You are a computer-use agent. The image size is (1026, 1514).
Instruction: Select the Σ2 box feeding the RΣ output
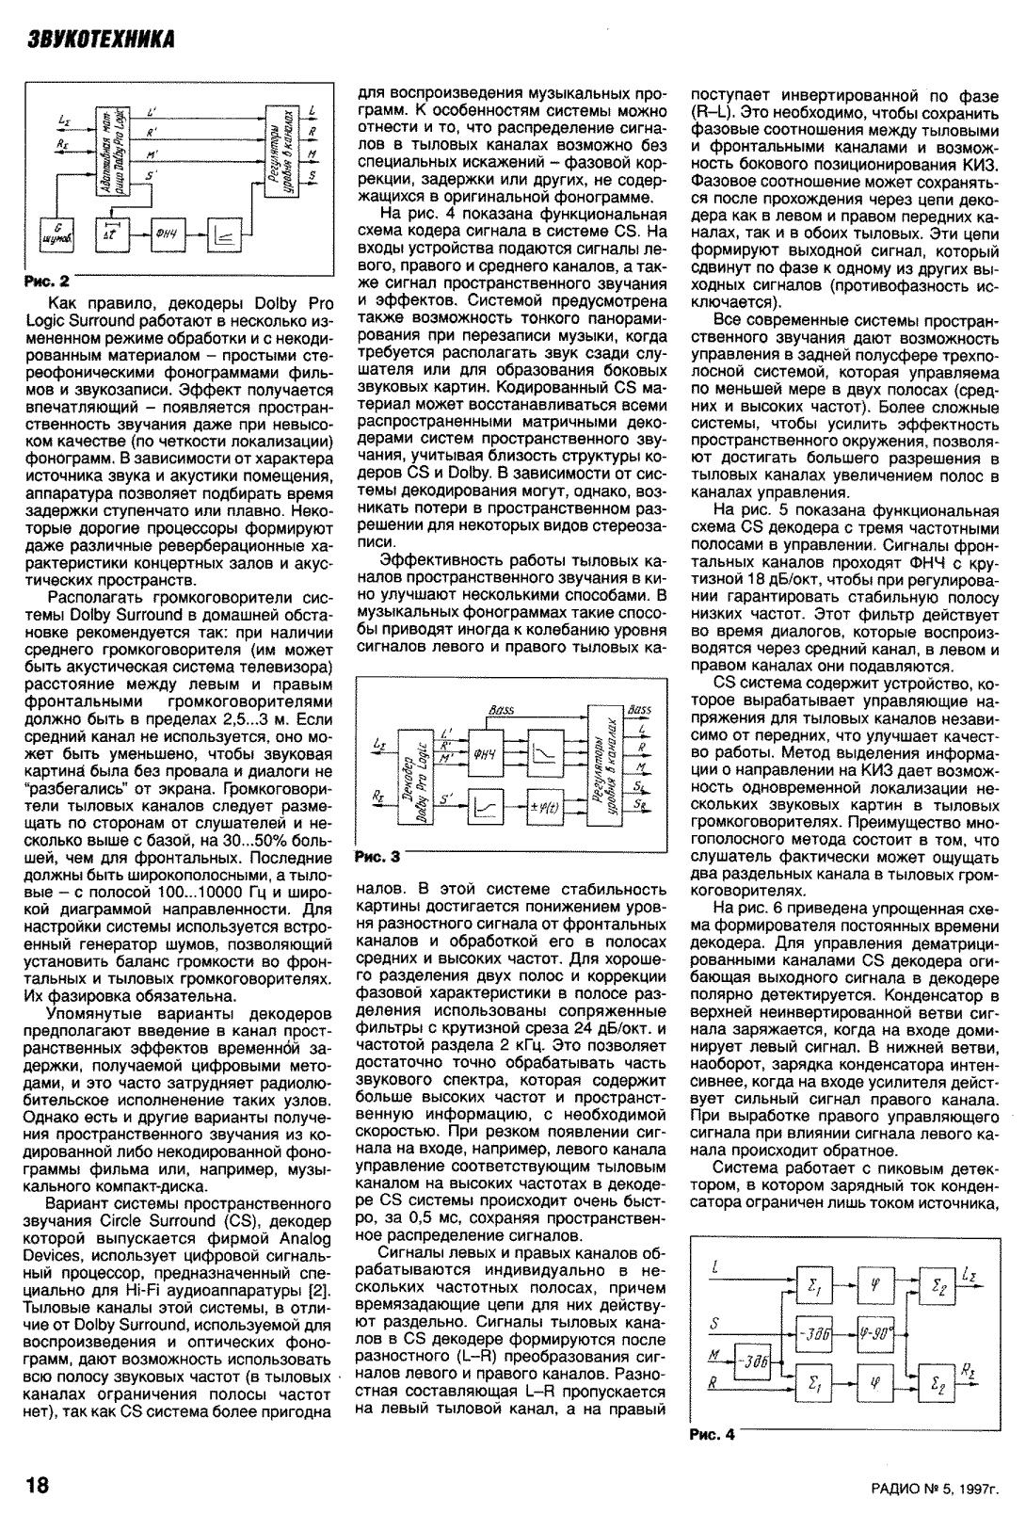pyautogui.click(x=938, y=1385)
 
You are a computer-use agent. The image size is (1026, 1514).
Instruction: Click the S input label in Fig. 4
pyautogui.click(x=715, y=1323)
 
